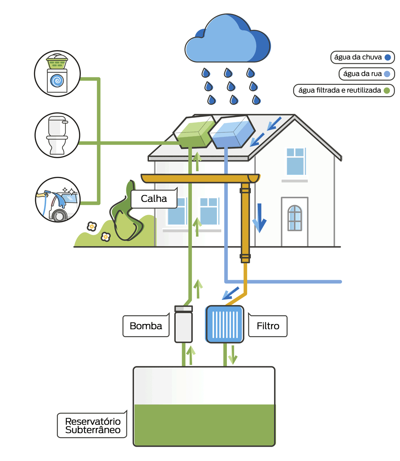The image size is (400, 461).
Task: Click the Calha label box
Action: pos(154,199)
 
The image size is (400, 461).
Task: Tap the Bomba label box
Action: pos(146,326)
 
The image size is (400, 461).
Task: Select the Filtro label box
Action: pos(268,326)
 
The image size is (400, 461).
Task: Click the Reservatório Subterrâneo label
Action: pos(92,425)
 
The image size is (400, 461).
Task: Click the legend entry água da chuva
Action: pos(362,57)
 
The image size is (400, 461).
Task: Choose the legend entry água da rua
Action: pos(366,74)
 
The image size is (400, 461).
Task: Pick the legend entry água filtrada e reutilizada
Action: pos(344,90)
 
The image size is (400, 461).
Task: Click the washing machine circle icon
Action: pos(57,74)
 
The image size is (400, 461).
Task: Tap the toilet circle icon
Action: pos(57,135)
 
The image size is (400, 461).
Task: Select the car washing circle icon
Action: pos(58,200)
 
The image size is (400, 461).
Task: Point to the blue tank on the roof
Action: pos(231,132)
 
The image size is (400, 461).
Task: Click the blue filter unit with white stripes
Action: pos(225,324)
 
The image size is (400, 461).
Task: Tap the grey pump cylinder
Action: pos(184,325)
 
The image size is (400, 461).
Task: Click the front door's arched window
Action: pos(295,218)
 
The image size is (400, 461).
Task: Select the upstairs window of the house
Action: pos(296,162)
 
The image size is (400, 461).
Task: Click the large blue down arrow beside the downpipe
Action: pos(259,218)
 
